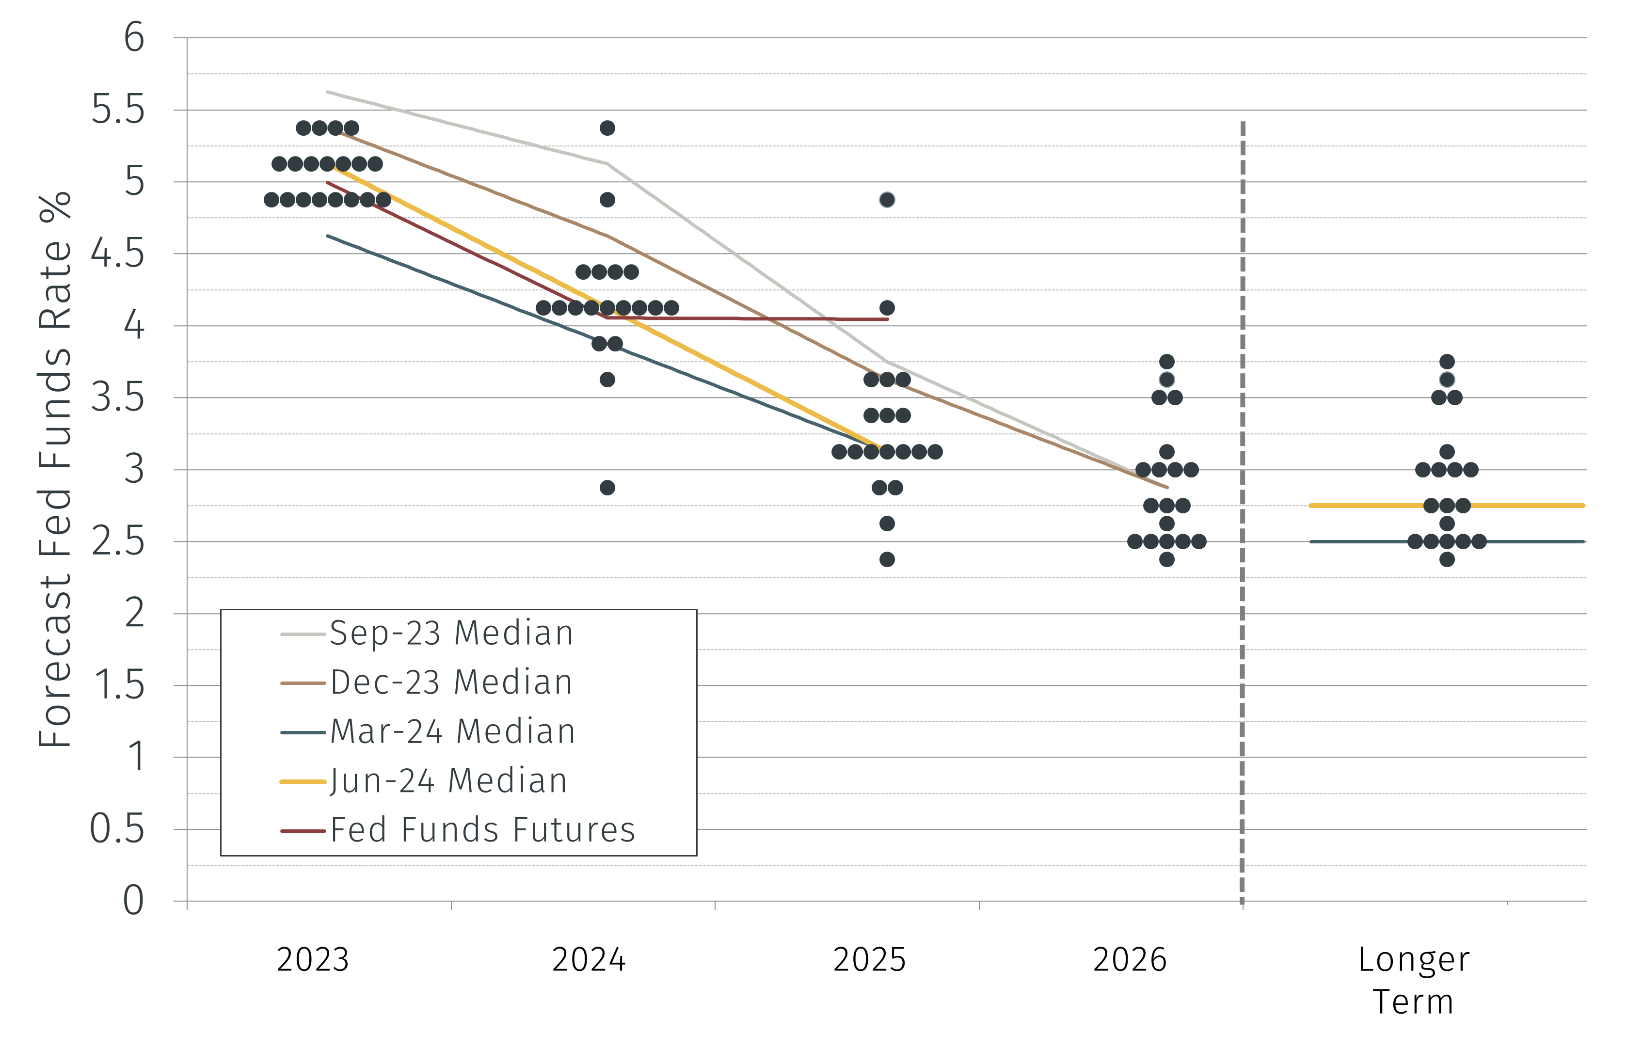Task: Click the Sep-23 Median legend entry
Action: point(451,633)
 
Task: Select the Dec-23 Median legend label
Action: point(451,682)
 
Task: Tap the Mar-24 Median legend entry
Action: point(452,731)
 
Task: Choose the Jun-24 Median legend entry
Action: point(448,781)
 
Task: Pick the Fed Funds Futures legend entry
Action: point(483,830)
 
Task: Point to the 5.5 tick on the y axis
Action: point(118,110)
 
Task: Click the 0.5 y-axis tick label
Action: point(118,829)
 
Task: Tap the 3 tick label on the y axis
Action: point(134,470)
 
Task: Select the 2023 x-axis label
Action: point(312,960)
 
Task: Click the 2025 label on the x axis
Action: point(869,960)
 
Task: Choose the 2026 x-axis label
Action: point(1129,960)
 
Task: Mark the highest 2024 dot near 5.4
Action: point(607,128)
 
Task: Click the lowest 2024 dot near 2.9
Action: point(607,488)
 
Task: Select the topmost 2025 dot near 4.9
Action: point(887,200)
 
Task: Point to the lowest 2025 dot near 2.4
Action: point(887,559)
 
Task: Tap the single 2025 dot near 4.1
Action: point(887,308)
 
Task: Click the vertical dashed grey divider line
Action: point(1242,513)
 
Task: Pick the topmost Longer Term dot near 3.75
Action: point(1447,362)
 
